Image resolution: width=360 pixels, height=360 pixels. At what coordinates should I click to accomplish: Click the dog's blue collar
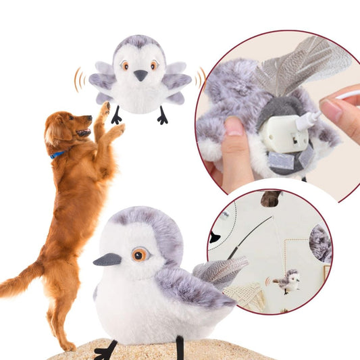57,155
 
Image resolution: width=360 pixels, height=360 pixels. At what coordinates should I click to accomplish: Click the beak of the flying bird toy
140,75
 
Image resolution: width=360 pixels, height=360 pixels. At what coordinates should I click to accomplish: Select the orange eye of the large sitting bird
139,255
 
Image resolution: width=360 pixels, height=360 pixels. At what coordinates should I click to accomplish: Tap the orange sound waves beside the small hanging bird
269,280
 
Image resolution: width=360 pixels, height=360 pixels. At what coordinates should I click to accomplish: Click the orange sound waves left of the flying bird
78,79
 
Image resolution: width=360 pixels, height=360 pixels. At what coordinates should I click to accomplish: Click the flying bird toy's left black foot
117,116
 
